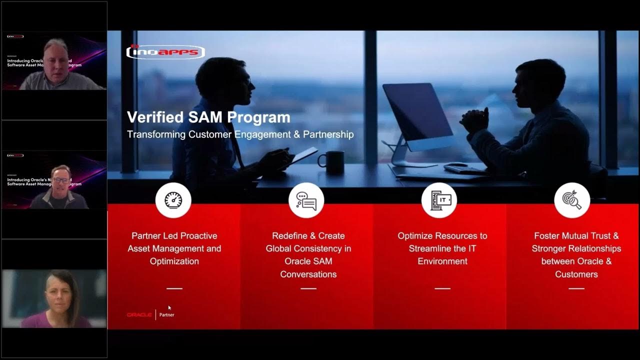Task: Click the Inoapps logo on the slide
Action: point(165,51)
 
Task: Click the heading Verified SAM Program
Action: point(208,117)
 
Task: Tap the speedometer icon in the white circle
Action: point(173,200)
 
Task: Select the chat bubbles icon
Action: point(306,200)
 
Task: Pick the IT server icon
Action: point(439,200)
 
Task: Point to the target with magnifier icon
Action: point(572,200)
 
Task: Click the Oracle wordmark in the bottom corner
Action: point(139,315)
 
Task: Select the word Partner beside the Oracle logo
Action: point(167,315)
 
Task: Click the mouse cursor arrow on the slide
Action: point(170,308)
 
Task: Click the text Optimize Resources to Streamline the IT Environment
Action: point(442,248)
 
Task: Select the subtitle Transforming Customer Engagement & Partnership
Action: point(240,134)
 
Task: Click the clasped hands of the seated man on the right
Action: point(473,118)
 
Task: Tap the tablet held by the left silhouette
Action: point(304,154)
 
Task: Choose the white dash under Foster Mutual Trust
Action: point(576,288)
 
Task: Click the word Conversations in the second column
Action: point(308,274)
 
